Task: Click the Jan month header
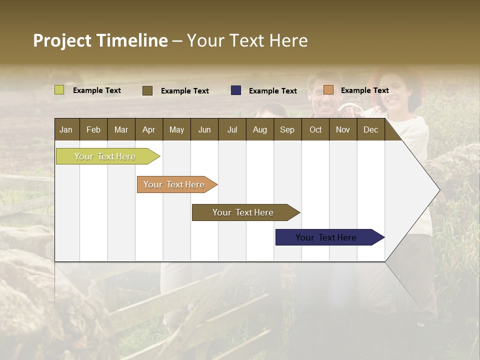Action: (x=66, y=130)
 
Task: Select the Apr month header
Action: (x=149, y=130)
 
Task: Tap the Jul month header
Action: (x=232, y=130)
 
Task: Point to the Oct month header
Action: (x=315, y=130)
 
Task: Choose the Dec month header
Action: (x=370, y=130)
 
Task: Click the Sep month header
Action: (x=287, y=130)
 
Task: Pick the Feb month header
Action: (x=93, y=130)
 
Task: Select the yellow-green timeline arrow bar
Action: (x=108, y=156)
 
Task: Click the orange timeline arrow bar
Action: (x=177, y=184)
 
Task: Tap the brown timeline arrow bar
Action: (x=246, y=212)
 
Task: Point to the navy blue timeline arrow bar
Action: (x=330, y=237)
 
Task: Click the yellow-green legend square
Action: (x=59, y=90)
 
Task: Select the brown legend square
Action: (x=147, y=90)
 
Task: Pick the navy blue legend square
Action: (x=236, y=90)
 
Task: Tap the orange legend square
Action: (x=328, y=89)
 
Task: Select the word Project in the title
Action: (x=62, y=41)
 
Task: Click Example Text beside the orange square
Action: (x=365, y=90)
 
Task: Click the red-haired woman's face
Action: (x=394, y=92)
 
